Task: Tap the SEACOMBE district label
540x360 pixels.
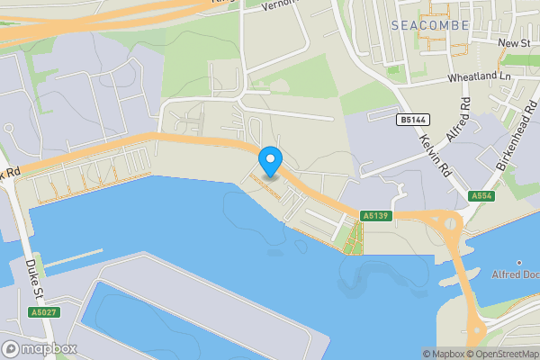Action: tap(430, 25)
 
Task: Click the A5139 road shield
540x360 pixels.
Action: tap(374, 216)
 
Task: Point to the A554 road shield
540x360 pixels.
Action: tap(481, 195)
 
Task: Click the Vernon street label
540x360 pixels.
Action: tap(279, 5)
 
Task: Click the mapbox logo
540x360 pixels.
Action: tap(40, 348)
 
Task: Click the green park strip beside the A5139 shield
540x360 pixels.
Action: tap(354, 236)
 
